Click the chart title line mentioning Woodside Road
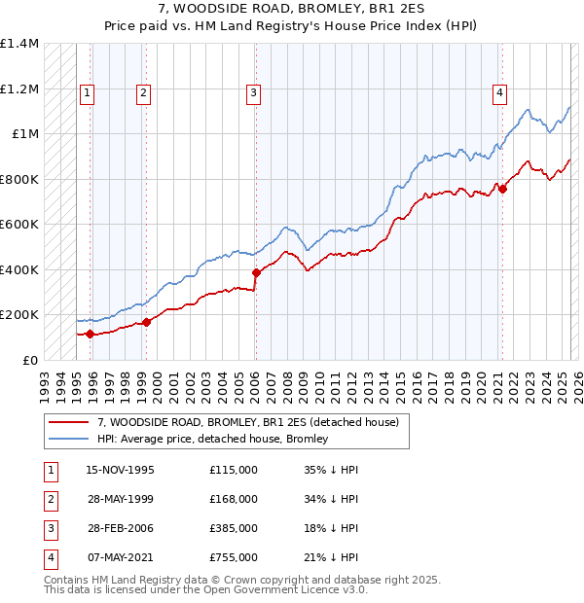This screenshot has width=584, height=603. (x=291, y=12)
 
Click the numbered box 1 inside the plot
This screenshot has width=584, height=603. (x=87, y=93)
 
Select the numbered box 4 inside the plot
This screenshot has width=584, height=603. (x=499, y=93)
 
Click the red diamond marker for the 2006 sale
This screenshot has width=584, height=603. (x=256, y=273)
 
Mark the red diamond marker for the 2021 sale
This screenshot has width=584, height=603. (x=503, y=190)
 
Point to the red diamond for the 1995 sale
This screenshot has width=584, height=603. (x=90, y=335)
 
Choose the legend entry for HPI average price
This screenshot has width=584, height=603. (x=213, y=439)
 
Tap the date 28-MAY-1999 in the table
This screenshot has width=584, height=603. (x=121, y=499)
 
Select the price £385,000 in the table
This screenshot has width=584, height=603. (x=234, y=528)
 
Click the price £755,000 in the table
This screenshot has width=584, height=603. (x=234, y=557)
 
